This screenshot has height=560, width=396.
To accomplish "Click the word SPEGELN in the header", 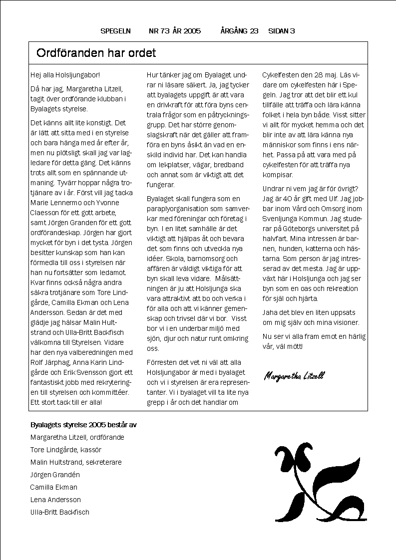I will [115, 31].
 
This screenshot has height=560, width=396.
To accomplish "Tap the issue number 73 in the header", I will [165, 31].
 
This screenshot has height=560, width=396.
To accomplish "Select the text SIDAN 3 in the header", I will [282, 31].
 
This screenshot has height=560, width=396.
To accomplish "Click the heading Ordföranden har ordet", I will [96, 53].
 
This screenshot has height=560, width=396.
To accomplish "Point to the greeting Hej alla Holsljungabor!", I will [65, 75].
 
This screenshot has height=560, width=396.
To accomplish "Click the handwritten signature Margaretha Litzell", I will [294, 376].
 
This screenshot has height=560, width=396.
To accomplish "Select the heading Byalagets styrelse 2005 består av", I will [84, 425].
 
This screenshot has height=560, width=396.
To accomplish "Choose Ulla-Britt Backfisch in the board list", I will [60, 512].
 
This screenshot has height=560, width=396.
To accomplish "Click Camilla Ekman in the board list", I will [53, 487].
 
